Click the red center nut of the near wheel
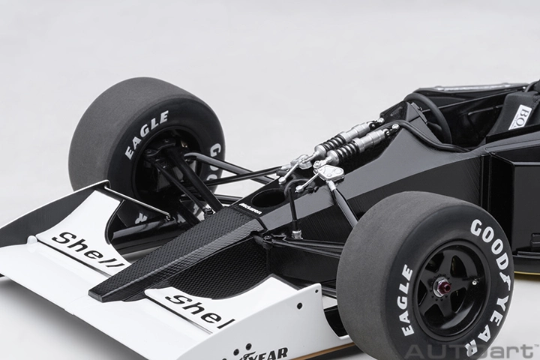click(443, 286)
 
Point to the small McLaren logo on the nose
click(250, 211)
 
